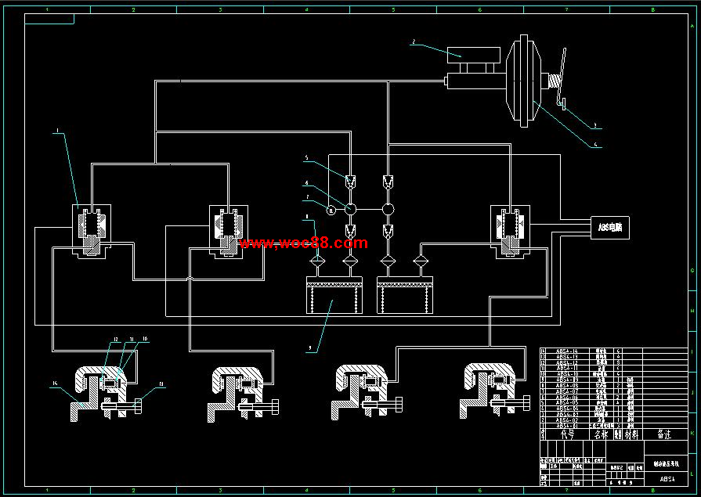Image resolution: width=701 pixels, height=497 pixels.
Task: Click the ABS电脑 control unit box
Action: point(613,228)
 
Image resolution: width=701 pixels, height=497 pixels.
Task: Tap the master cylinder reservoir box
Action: point(473,55)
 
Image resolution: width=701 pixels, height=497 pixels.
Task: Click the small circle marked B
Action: point(331,209)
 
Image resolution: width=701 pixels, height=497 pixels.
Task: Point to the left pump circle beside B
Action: point(350,209)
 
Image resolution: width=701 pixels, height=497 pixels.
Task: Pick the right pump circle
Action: point(388,209)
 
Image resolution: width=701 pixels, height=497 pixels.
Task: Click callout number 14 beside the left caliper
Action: point(54,384)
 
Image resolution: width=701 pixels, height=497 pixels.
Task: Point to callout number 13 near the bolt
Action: point(161,384)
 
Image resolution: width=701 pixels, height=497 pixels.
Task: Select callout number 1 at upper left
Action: point(56,133)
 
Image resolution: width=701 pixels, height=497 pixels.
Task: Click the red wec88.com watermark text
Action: point(303,243)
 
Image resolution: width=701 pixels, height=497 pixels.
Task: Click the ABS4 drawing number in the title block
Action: point(667,478)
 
